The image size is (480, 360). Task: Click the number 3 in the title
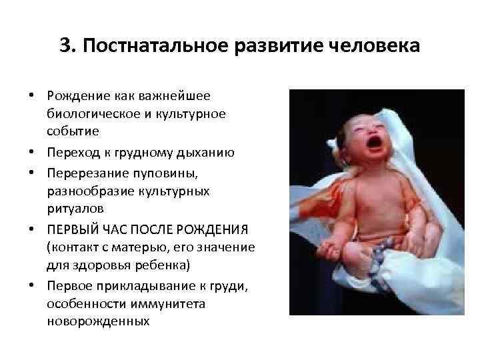(64, 46)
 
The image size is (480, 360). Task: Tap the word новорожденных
(98, 321)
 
